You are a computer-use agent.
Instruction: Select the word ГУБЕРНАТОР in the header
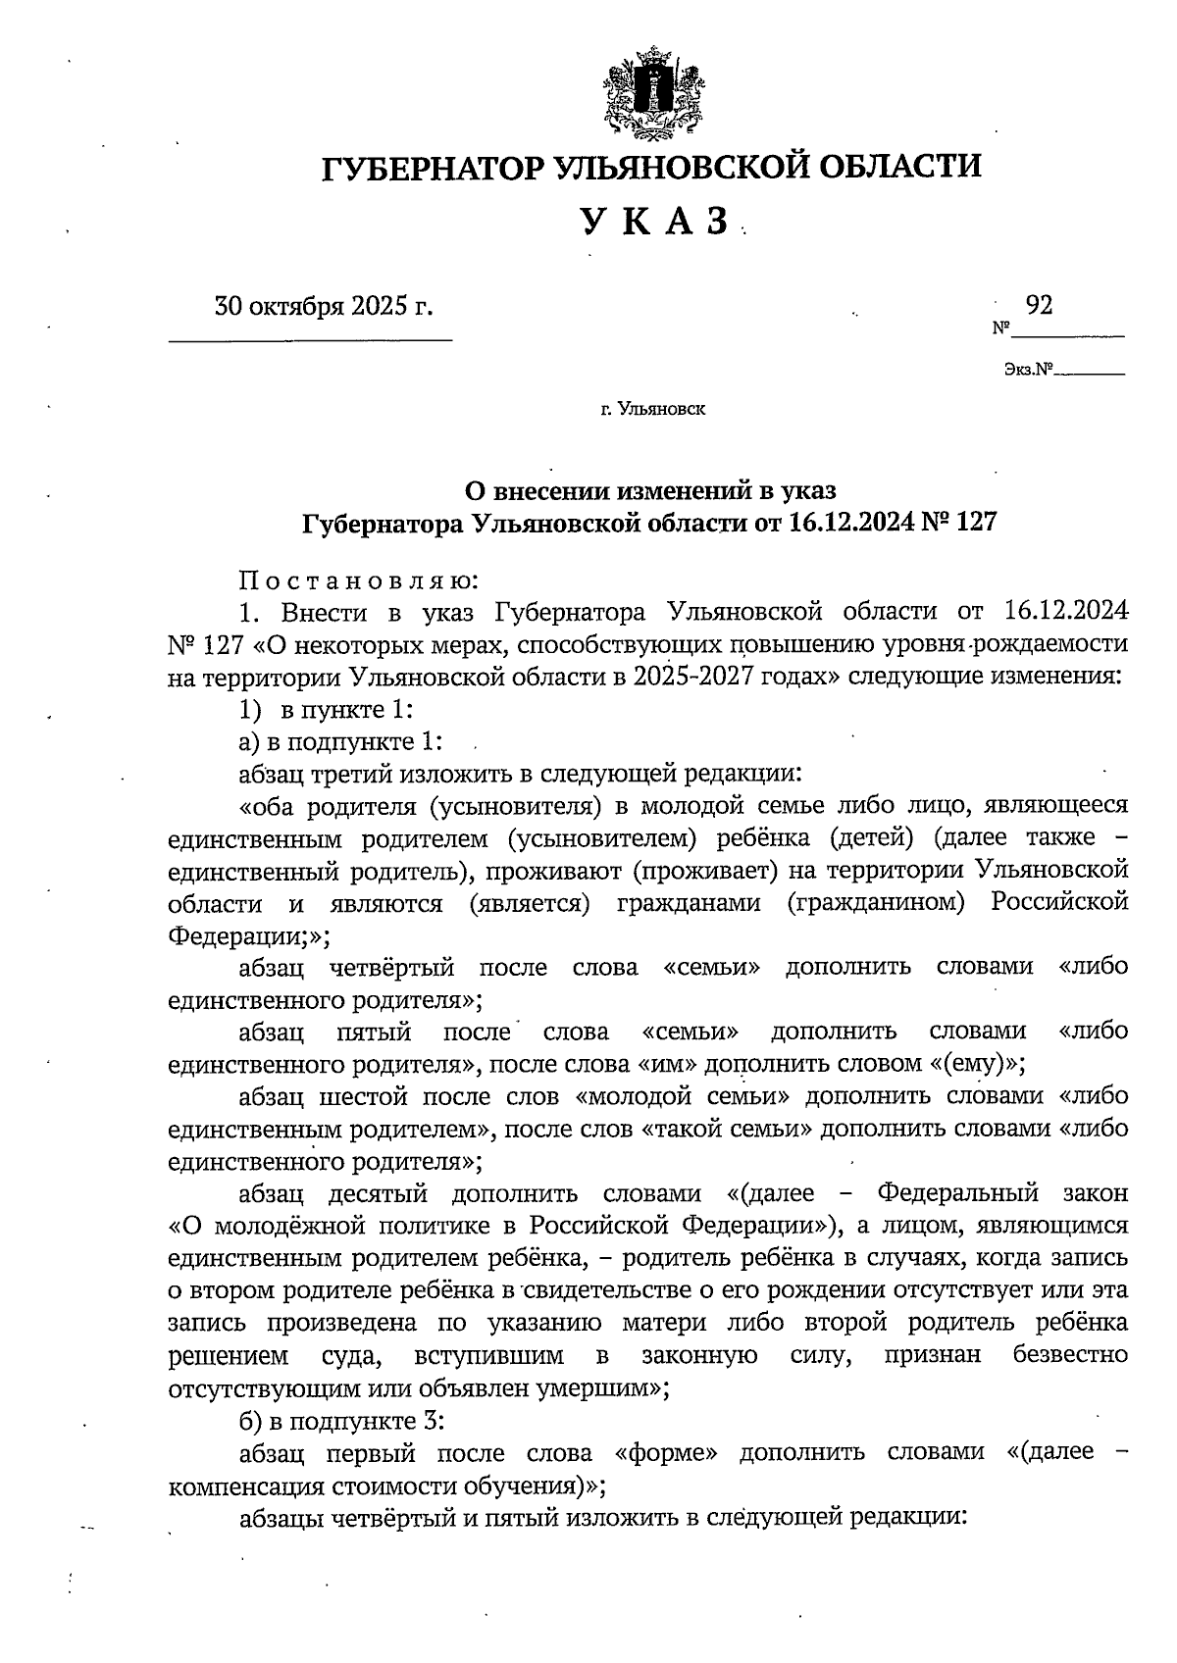click(x=433, y=167)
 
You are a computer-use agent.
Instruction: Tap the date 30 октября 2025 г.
click(x=324, y=307)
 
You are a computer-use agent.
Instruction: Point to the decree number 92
click(x=1039, y=306)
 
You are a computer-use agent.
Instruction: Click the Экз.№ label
click(x=1028, y=371)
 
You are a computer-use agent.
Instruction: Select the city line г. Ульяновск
click(x=653, y=409)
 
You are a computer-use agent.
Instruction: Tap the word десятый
click(x=378, y=1193)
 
